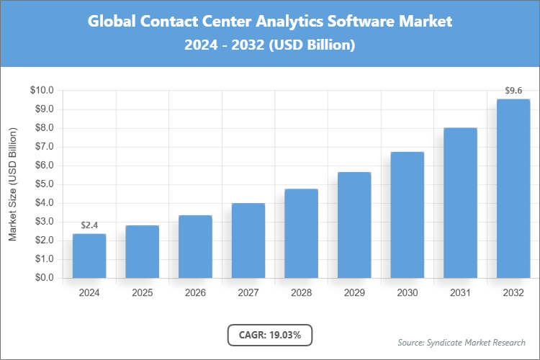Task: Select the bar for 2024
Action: coord(89,256)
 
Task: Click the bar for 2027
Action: coord(248,240)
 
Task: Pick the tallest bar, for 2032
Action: coord(513,188)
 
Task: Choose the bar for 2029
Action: coord(354,225)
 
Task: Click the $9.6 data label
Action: coord(513,91)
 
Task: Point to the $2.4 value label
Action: coord(89,225)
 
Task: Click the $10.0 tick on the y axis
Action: coord(42,91)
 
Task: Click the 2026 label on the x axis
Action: coord(195,293)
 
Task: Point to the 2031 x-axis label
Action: coord(460,293)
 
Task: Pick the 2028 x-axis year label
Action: coord(301,293)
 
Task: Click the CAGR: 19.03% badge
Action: coord(270,334)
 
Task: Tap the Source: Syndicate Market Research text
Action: coord(462,342)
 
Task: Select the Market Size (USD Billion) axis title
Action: coord(12,184)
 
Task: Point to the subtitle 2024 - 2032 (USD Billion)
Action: coord(270,45)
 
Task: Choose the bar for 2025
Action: coord(143,251)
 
